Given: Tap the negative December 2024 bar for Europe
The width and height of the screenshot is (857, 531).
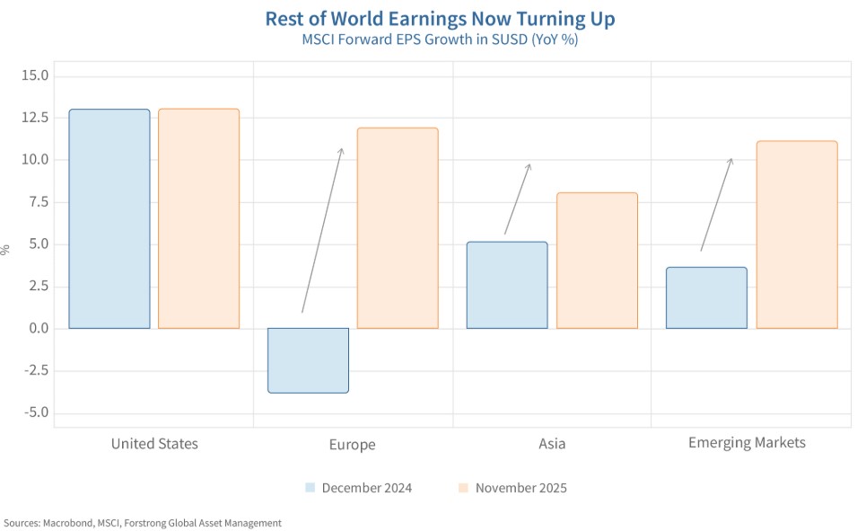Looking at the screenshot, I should (x=308, y=360).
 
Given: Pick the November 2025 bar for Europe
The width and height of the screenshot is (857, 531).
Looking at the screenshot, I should (x=398, y=228).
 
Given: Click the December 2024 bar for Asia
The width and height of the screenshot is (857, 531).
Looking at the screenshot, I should (x=507, y=285).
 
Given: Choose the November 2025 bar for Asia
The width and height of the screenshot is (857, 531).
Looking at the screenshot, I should (x=597, y=261).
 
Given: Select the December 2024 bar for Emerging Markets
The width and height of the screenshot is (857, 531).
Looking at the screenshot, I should (x=706, y=297).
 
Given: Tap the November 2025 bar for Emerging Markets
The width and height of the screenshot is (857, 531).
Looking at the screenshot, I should (x=796, y=235).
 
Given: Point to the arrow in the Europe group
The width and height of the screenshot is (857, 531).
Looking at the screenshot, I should (x=322, y=230).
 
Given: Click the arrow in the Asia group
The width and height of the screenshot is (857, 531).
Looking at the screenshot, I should (x=518, y=199).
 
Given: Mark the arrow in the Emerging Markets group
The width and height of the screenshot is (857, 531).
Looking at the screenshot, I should (x=716, y=204).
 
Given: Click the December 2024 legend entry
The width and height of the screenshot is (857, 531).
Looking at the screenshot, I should (x=358, y=488).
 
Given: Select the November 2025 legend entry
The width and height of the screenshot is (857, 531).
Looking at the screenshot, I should (x=512, y=488).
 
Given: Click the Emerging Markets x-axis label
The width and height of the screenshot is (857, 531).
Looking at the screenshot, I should (x=747, y=442).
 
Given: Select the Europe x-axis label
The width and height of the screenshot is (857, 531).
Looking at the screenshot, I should (x=352, y=444).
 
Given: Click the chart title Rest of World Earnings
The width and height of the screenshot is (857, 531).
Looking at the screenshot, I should (x=440, y=19).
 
